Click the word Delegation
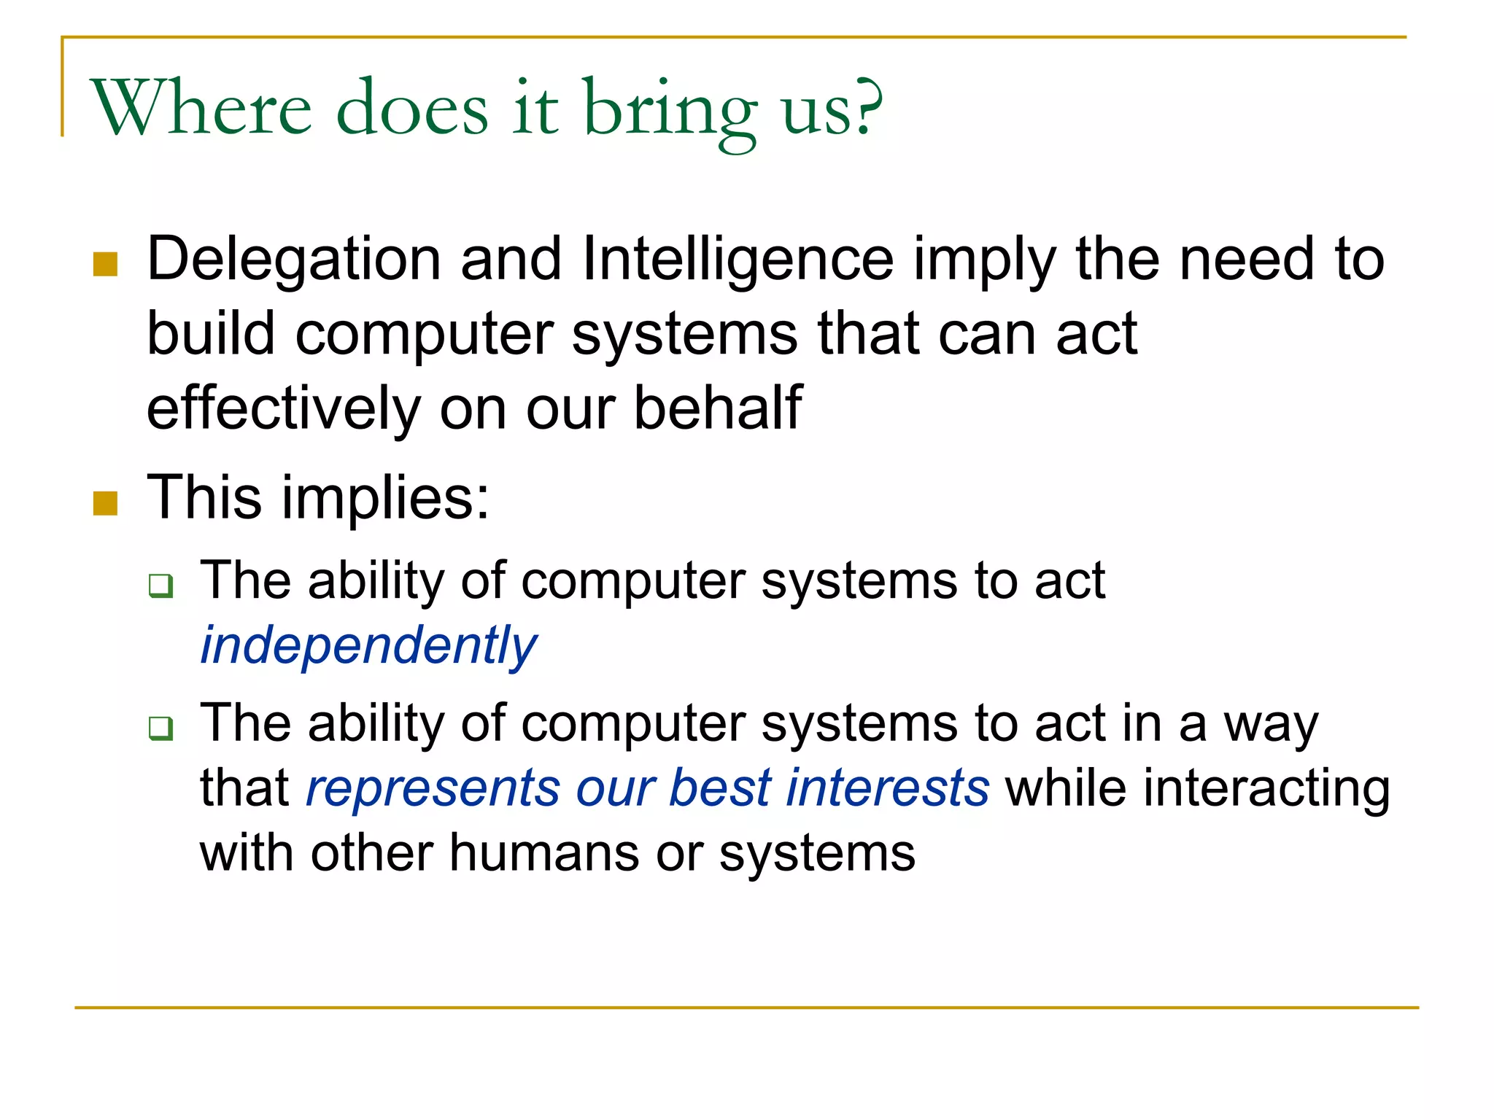point(293,260)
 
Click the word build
point(211,334)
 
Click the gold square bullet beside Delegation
point(106,265)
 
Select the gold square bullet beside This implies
point(106,503)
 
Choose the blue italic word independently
point(368,646)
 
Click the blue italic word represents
point(433,789)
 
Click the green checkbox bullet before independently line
point(160,586)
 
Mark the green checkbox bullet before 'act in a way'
point(160,728)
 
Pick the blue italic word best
point(720,789)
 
